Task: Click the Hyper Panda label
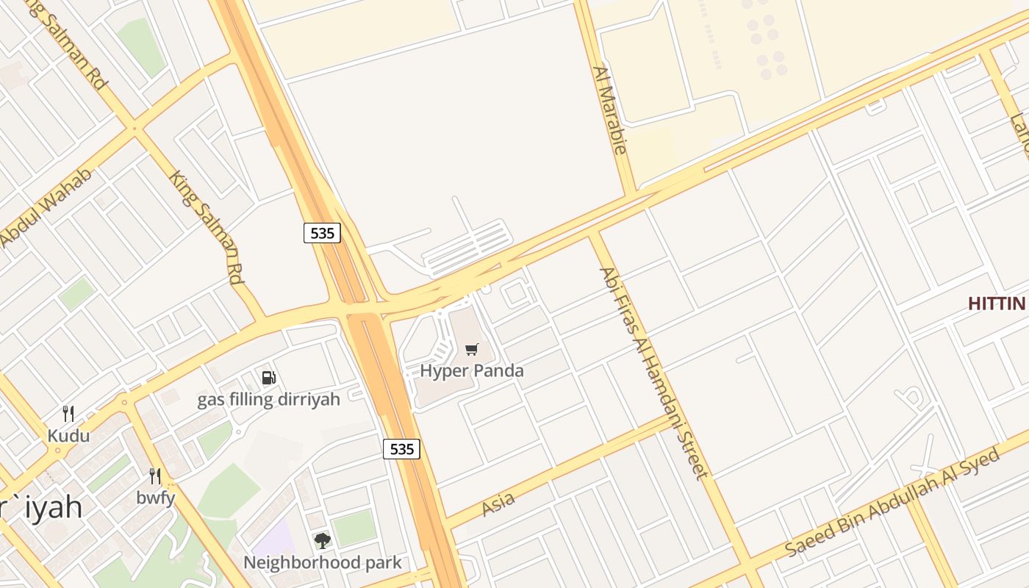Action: (472, 370)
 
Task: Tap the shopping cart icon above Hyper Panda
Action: (472, 350)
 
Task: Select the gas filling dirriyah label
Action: (269, 399)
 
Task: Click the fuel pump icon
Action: (269, 379)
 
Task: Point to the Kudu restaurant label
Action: (68, 436)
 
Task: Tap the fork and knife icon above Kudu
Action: (68, 414)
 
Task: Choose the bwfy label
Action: (156, 498)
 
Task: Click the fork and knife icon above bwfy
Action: (155, 476)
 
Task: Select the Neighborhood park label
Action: (323, 563)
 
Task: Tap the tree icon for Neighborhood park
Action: (322, 542)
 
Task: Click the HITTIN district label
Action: (997, 304)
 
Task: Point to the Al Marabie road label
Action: (609, 110)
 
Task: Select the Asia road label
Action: (498, 505)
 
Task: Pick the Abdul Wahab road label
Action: (46, 208)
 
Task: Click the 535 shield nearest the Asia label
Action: (402, 449)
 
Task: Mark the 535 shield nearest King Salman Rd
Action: (322, 234)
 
